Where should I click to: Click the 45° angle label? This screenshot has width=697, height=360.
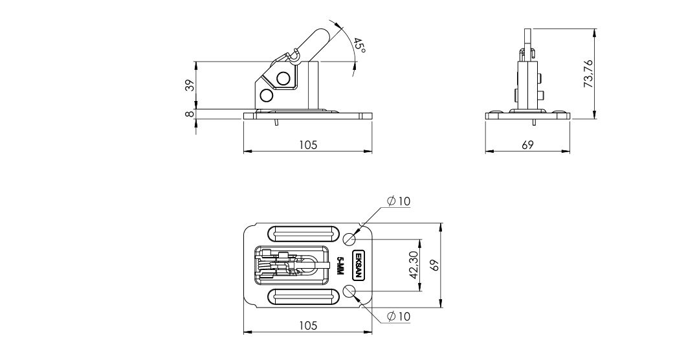360,46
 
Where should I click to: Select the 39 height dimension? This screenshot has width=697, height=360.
190,85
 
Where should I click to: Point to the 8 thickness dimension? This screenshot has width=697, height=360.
190,114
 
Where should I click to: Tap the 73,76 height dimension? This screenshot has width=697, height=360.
589,74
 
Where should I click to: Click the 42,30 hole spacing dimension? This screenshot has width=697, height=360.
414,265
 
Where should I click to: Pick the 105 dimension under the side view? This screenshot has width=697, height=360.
308,144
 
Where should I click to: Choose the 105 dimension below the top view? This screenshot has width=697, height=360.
308,325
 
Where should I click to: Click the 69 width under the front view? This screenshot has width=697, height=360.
527,144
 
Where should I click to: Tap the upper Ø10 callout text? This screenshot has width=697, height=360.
398,201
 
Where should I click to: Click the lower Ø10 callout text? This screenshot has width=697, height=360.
398,317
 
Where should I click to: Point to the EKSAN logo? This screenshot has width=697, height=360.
359,265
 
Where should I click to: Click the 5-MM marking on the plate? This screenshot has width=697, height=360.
341,265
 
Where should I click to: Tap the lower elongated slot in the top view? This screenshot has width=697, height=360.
302,297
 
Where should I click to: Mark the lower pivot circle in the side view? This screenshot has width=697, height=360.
267,95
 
